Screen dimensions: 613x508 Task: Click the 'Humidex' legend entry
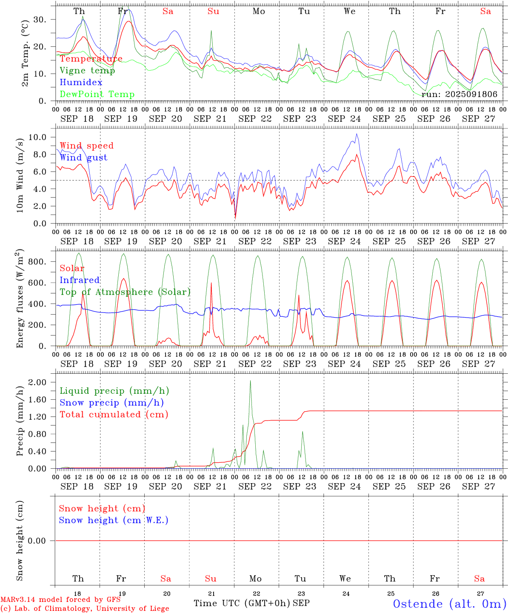click(81, 83)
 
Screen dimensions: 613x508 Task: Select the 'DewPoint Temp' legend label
click(97, 95)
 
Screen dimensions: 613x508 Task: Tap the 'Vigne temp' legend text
click(87, 71)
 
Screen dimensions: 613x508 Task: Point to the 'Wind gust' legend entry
click(83, 158)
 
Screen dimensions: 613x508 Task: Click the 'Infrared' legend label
click(80, 280)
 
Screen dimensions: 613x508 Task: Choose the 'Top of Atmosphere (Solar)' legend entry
click(125, 292)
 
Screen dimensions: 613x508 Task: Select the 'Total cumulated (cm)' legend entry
click(114, 415)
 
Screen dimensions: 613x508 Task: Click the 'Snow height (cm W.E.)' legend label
click(114, 520)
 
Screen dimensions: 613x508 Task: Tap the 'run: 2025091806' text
click(459, 95)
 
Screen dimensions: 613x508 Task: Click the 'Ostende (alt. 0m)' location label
click(449, 604)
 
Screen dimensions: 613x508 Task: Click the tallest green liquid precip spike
click(250, 381)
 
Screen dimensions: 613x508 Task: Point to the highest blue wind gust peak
click(357, 134)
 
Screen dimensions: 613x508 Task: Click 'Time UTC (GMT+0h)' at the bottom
click(242, 603)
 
